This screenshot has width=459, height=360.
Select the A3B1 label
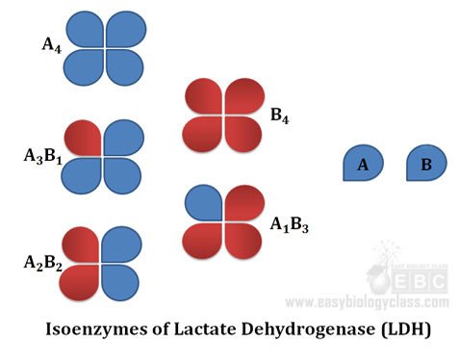(x=42, y=155)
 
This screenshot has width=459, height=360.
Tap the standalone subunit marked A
(x=362, y=165)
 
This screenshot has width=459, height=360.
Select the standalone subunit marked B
(x=424, y=165)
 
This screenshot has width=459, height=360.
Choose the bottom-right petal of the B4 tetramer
(x=242, y=136)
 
